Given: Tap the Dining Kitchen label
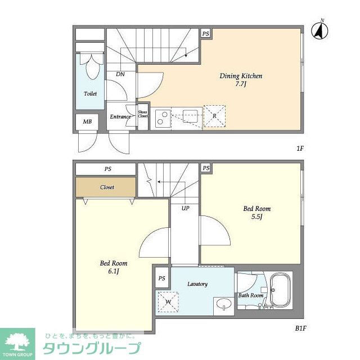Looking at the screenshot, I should [x=241, y=79].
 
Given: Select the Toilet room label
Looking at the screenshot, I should [x=90, y=94].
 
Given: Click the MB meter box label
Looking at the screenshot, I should [x=87, y=122].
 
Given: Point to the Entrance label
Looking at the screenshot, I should [x=120, y=117].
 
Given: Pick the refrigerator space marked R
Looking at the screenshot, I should [x=214, y=116].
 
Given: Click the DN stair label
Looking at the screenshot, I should [x=120, y=74].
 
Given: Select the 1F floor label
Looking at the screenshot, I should [x=300, y=148].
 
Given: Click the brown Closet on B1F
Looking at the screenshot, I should [x=106, y=187].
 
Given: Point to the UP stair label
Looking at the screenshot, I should [x=184, y=208].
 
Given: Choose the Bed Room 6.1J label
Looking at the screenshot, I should [x=114, y=267].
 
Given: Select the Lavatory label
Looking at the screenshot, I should [x=197, y=284].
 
